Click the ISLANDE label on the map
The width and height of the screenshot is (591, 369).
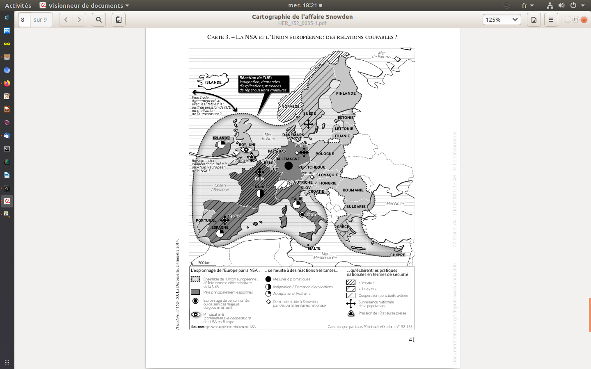click(213, 82)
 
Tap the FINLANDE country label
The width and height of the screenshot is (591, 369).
click(346, 93)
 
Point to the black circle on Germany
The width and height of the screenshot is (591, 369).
click(289, 166)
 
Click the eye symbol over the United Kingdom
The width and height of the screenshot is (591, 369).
click(246, 150)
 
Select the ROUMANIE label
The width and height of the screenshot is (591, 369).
click(353, 190)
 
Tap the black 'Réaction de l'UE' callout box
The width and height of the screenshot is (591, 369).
click(263, 84)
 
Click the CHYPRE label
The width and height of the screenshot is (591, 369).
click(398, 255)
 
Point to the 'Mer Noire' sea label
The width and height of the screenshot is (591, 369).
click(395, 204)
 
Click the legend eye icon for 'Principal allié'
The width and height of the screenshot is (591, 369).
click(195, 314)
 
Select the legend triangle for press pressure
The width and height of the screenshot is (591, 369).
click(351, 313)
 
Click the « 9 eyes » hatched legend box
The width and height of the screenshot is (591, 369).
click(351, 282)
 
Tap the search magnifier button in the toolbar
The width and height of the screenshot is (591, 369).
click(99, 20)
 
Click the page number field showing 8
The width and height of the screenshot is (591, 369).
click(24, 20)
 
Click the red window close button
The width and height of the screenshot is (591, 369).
click(584, 20)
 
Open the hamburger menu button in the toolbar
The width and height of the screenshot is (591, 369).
click(551, 20)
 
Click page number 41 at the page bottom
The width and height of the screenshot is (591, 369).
click(412, 340)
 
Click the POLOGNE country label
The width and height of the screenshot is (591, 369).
click(325, 154)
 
